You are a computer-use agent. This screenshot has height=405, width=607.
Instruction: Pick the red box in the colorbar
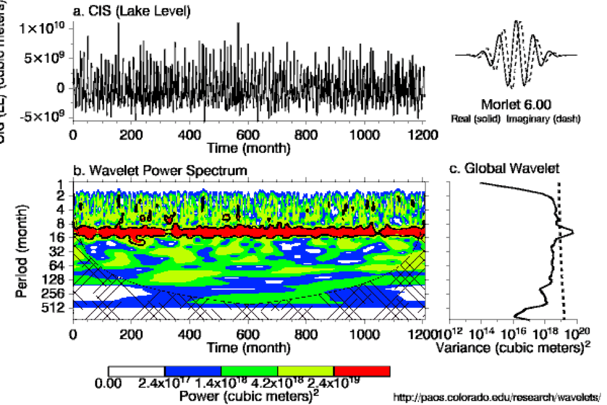click(362, 371)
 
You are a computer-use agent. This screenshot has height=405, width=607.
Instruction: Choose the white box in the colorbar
click(136, 371)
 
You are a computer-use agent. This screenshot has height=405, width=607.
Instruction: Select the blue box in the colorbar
click(193, 371)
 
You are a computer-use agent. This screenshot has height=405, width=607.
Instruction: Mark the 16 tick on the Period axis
click(60, 237)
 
